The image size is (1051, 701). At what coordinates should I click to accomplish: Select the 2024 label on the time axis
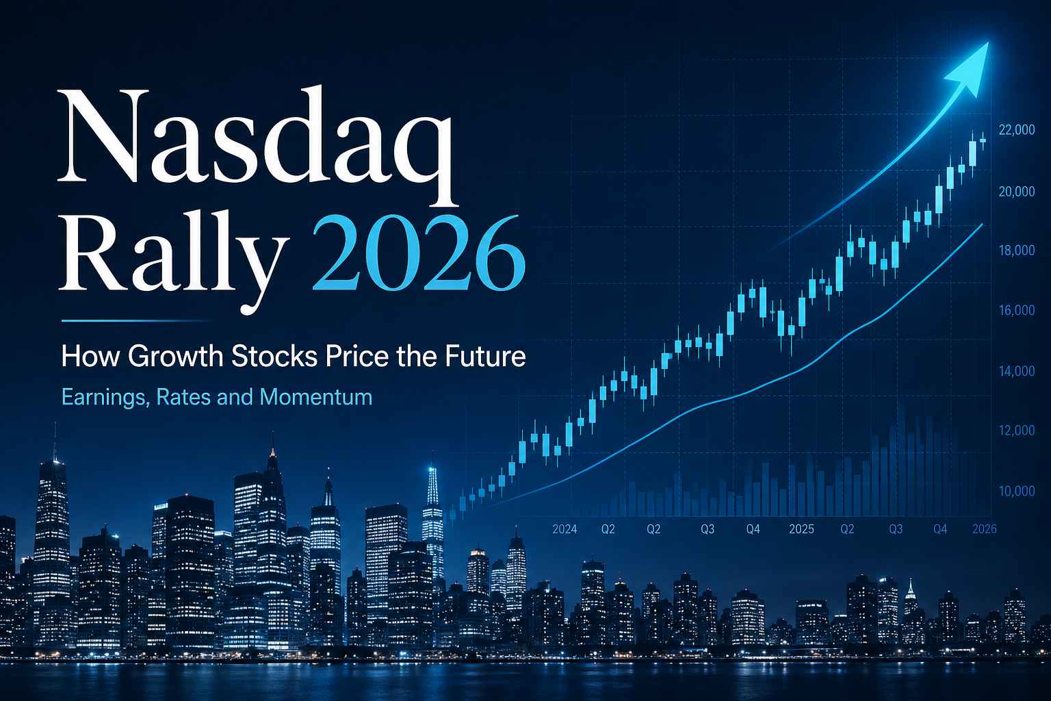pyautogui.click(x=565, y=529)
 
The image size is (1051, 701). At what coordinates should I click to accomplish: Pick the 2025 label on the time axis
pyautogui.click(x=801, y=529)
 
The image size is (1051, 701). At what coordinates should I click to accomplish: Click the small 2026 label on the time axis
pyautogui.click(x=984, y=529)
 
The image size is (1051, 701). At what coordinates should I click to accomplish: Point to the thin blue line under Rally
pyautogui.click(x=137, y=320)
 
